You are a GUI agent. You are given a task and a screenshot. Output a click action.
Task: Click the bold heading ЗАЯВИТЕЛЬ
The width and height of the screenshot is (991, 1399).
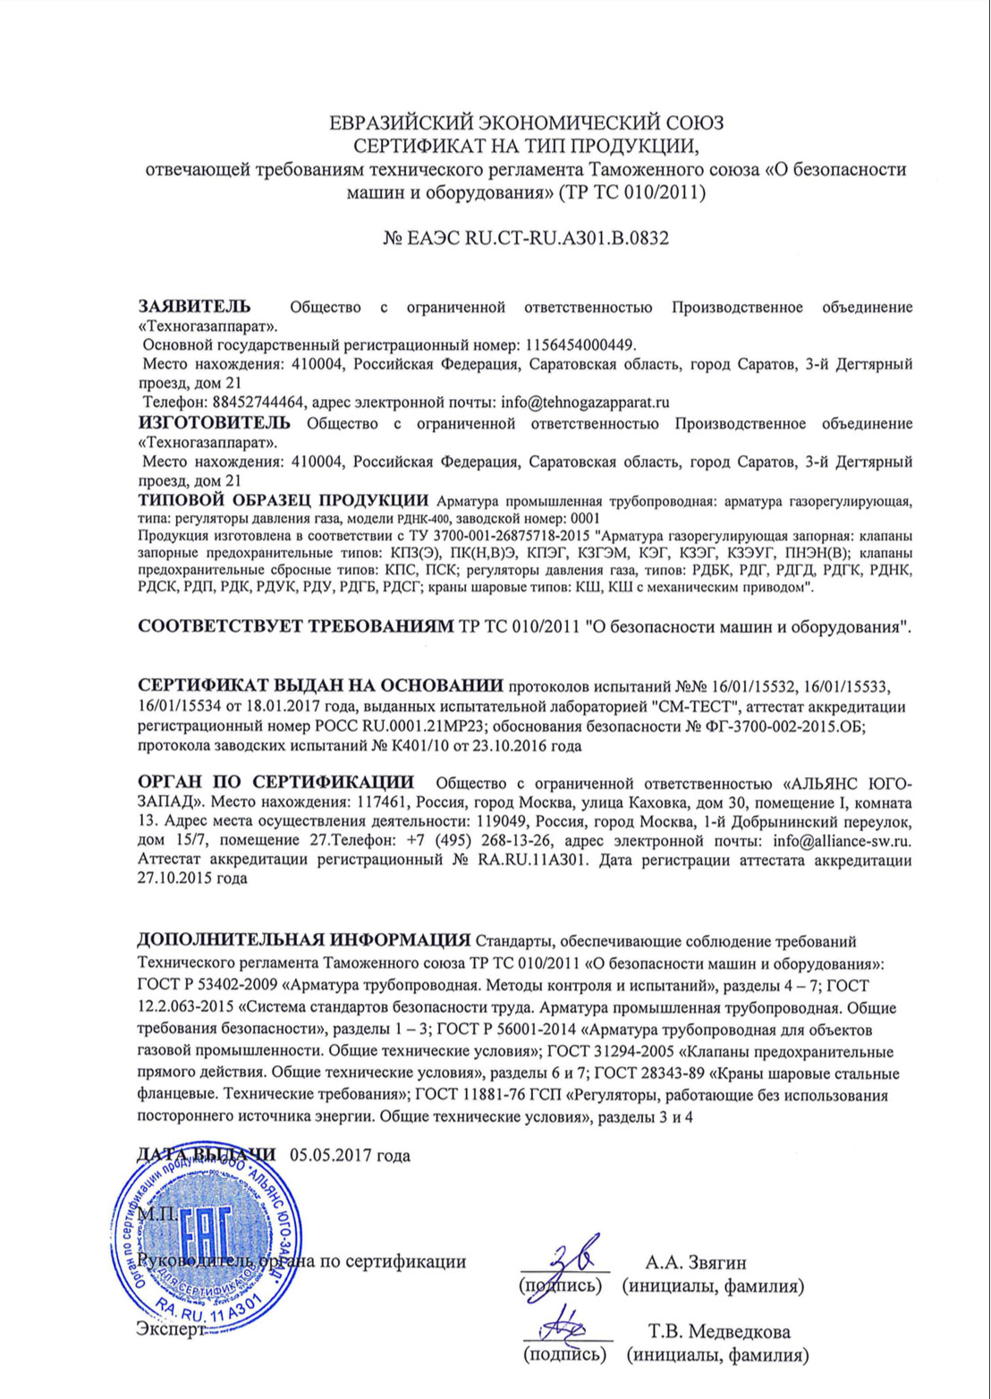(194, 307)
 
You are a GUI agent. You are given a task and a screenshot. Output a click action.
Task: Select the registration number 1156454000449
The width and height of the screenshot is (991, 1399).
(578, 344)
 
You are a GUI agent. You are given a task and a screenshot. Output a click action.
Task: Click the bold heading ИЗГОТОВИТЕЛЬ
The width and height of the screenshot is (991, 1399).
(215, 422)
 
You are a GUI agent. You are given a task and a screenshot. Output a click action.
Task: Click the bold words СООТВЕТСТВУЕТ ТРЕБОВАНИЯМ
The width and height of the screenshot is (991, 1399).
(296, 626)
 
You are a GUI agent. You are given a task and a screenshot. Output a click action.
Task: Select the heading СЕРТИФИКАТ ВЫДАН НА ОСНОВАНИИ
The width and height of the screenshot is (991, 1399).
(321, 687)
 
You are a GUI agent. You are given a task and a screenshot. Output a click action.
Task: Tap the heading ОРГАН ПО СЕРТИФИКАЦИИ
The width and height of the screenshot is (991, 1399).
(276, 784)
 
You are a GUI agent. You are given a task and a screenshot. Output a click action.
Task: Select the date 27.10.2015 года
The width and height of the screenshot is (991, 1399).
(192, 878)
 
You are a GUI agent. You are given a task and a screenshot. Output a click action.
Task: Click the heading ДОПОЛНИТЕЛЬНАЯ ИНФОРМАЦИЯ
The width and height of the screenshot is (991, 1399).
(303, 940)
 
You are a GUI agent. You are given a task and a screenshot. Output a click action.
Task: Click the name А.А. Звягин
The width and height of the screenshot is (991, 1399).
(696, 1263)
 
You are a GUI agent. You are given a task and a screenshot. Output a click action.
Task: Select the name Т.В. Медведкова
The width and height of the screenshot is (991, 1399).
(719, 1332)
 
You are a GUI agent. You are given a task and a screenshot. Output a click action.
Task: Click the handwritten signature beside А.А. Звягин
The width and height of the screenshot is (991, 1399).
(569, 1252)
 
